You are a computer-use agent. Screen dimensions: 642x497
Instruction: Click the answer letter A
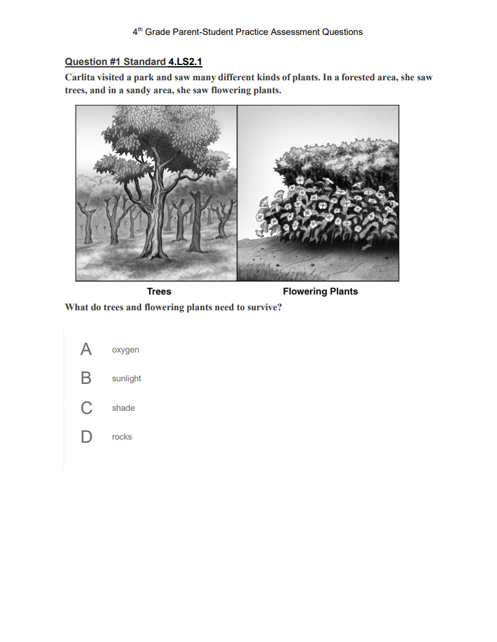click(x=86, y=350)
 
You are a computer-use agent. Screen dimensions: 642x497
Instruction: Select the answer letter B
click(x=86, y=378)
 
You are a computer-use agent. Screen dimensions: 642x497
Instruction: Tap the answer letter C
click(x=86, y=408)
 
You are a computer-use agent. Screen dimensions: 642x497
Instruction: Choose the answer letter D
click(x=86, y=437)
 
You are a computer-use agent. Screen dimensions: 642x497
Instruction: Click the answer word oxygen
click(x=125, y=350)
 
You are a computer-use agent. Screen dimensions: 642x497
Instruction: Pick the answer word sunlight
click(x=126, y=378)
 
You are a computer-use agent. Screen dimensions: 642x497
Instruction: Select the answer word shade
click(x=123, y=408)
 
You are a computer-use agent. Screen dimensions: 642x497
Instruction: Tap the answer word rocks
click(x=121, y=437)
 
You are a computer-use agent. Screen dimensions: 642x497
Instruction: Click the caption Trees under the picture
click(x=159, y=291)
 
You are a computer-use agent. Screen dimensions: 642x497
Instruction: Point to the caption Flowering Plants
click(x=320, y=291)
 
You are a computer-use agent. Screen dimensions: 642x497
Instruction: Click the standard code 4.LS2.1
click(x=185, y=62)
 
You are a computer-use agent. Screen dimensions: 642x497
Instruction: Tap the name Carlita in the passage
click(x=81, y=78)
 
